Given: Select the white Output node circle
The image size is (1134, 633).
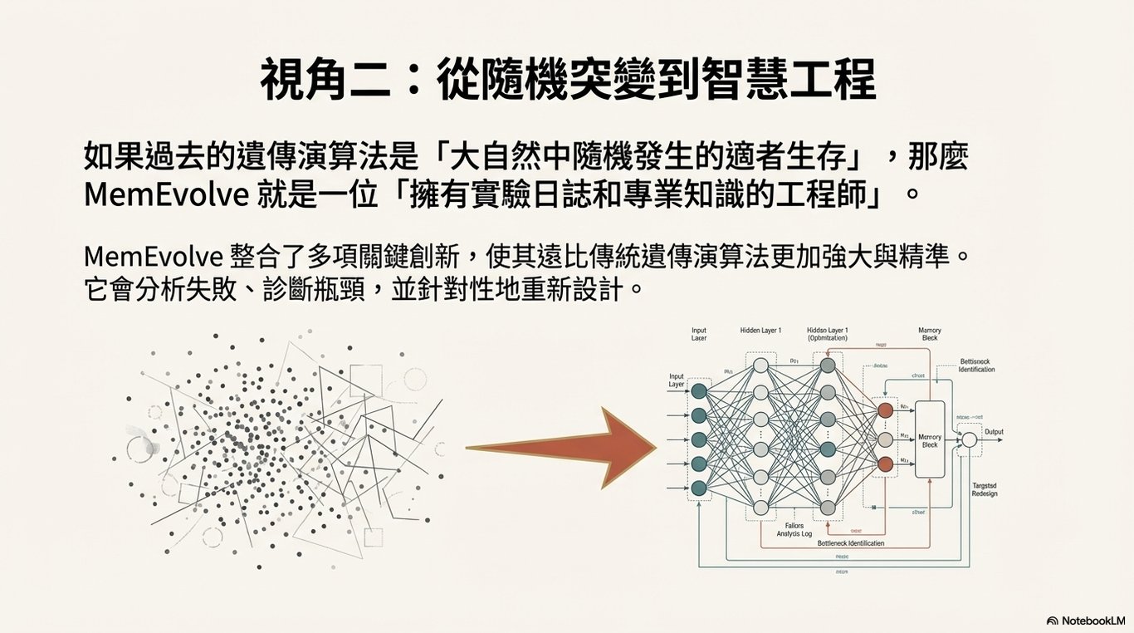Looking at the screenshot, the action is coord(967,439).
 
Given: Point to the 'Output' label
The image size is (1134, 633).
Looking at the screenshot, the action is coord(994,432).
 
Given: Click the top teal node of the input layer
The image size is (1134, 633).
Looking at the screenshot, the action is coord(699,390).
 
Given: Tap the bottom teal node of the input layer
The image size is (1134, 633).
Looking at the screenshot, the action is coord(699,488).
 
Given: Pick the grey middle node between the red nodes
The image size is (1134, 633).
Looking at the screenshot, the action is coord(885,439).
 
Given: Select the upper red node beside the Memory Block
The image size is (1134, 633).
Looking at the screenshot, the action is coord(885,410).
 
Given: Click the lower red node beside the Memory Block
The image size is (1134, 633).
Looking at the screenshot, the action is coord(885,464).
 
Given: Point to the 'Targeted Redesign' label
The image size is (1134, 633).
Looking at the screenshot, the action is coord(984,489).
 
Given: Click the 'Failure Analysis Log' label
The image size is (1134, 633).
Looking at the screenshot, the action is coord(794,530).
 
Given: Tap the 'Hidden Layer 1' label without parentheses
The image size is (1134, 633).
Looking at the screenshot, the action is coord(760,331).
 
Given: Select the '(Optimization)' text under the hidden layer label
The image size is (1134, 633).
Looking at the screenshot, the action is coord(827,339).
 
